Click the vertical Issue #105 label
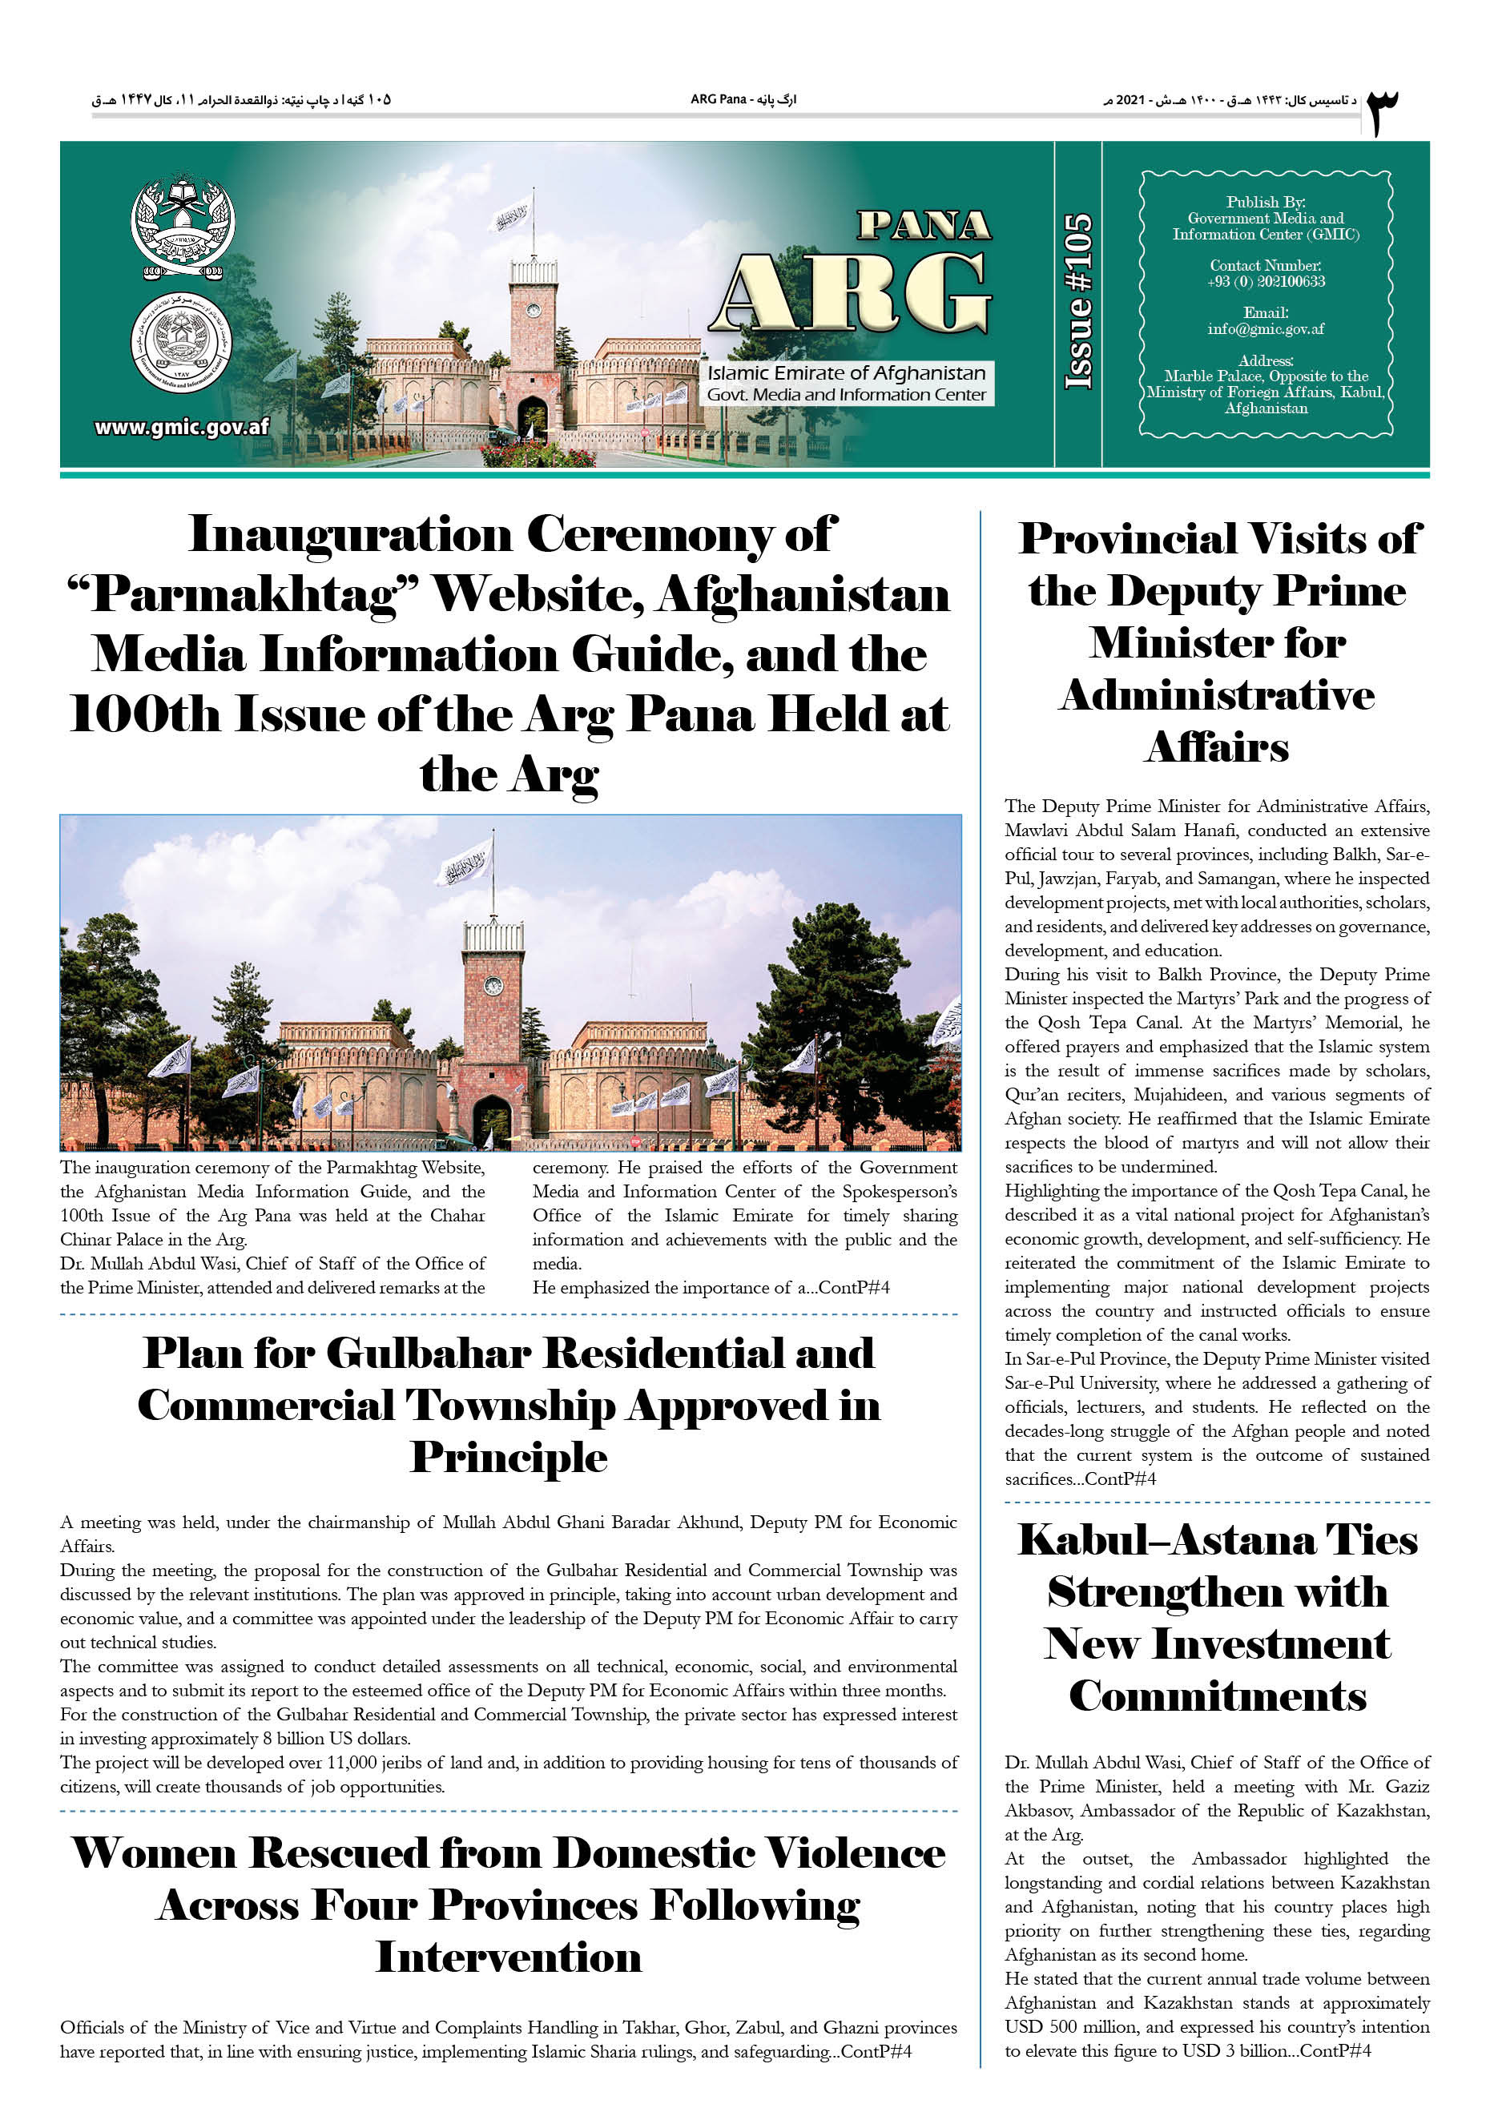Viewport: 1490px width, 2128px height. pyautogui.click(x=1077, y=302)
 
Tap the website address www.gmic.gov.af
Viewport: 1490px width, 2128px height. pyautogui.click(x=182, y=427)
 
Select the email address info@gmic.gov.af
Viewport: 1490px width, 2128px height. pyautogui.click(x=1265, y=329)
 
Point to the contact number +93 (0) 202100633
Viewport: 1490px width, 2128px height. pyautogui.click(x=1265, y=282)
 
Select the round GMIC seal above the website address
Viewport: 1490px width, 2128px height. pyautogui.click(x=181, y=343)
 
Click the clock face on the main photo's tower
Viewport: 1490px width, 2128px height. pyautogui.click(x=494, y=985)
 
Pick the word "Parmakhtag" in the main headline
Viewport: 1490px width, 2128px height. pyautogui.click(x=244, y=595)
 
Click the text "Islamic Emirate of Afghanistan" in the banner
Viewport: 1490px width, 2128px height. pyautogui.click(x=846, y=373)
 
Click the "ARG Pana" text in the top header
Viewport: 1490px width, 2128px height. pyautogui.click(x=719, y=99)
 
